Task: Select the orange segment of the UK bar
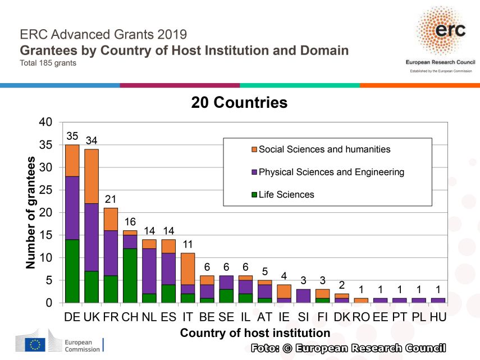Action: (x=92, y=176)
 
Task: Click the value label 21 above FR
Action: (x=111, y=199)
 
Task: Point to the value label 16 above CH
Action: (x=130, y=222)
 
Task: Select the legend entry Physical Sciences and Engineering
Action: (x=331, y=172)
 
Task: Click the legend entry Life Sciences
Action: (x=286, y=194)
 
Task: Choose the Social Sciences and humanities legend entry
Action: (x=324, y=149)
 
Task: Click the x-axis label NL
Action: (x=149, y=317)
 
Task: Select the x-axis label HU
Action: (x=438, y=317)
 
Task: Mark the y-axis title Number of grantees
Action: (x=31, y=212)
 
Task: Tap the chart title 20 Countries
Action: (x=239, y=103)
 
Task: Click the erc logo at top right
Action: (x=440, y=33)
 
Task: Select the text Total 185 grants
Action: (x=48, y=62)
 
